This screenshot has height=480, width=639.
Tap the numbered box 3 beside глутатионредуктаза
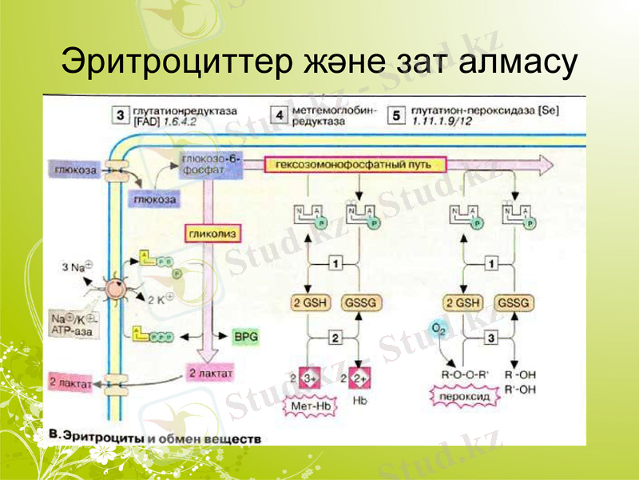[120, 115]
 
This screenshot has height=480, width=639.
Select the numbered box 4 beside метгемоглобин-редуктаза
[280, 115]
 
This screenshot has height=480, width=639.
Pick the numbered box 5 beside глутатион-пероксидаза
[397, 115]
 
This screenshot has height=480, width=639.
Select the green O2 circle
[437, 329]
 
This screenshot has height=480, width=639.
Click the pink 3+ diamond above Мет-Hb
[312, 377]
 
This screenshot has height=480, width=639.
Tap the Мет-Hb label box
[312, 406]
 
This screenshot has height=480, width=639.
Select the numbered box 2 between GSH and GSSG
[336, 339]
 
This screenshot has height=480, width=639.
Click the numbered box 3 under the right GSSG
[491, 339]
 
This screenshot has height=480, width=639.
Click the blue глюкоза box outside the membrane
[72, 170]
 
